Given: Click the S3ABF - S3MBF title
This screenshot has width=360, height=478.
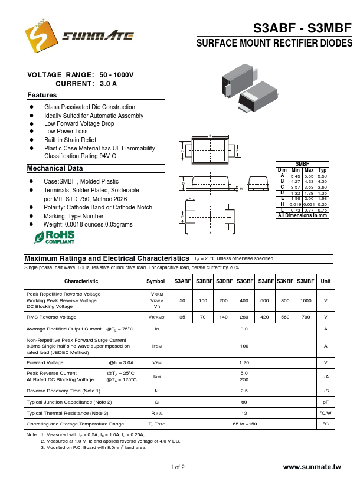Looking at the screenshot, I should point(302,28).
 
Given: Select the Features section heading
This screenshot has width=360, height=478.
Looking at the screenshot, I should point(42,95).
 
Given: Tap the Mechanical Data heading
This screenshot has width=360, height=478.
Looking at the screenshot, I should point(55,169).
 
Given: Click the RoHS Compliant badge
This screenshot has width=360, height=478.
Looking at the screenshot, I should point(54,237).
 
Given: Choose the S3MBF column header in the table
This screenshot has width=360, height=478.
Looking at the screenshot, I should point(306,281).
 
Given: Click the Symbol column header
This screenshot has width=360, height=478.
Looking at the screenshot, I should point(156,281).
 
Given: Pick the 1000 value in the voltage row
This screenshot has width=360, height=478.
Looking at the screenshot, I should point(306,300).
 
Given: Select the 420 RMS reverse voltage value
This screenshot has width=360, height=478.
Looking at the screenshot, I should point(265,317).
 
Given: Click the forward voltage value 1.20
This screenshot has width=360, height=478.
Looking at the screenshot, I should point(244,362).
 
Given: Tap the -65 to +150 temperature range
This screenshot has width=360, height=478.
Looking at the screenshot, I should point(244,424).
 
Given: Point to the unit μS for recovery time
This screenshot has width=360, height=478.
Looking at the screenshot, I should point(325,391).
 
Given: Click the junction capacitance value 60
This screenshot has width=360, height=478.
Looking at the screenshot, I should point(244,402).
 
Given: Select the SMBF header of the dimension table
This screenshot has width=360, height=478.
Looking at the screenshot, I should point(302,164).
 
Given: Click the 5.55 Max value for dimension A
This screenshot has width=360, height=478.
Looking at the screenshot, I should point(309,176).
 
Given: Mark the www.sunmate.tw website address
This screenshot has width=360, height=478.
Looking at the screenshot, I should point(312,467).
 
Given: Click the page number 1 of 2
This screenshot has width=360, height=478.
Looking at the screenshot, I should point(178,467).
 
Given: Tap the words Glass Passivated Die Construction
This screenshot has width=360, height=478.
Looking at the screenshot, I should point(90,107).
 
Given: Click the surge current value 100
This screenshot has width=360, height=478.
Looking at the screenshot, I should point(244,346).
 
